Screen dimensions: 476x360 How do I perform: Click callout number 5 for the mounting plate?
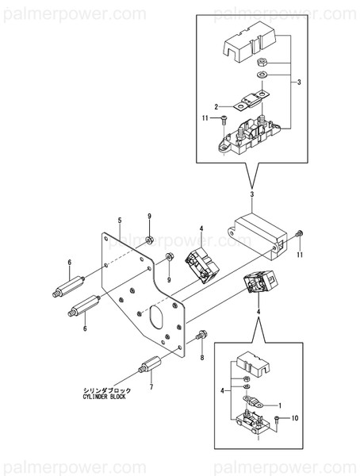(x=119, y=220)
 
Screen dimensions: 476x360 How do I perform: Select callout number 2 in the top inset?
(x=215, y=106)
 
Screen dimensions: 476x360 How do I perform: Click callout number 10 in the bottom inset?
(x=294, y=416)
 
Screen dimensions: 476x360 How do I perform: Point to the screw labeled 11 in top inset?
(x=225, y=120)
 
